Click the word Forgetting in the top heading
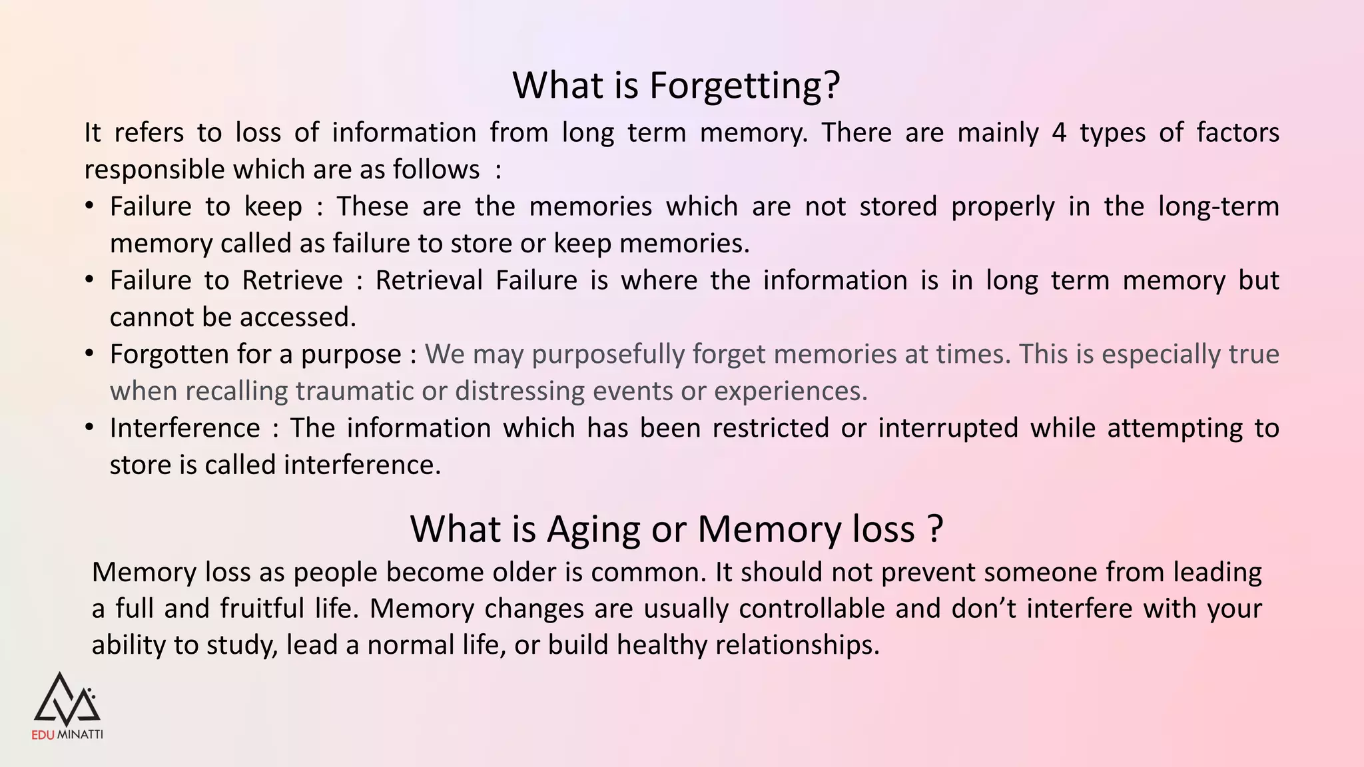pos(736,86)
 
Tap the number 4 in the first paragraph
pos(1059,132)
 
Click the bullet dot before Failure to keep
pos(89,206)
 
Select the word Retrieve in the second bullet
pos(292,280)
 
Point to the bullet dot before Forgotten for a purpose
pos(89,354)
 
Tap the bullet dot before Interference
pos(89,427)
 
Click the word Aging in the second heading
pos(594,529)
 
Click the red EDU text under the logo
pos(43,735)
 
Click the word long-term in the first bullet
pos(1218,206)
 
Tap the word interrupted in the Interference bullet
pos(948,428)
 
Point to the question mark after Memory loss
pos(934,529)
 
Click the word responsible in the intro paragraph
pos(155,170)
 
